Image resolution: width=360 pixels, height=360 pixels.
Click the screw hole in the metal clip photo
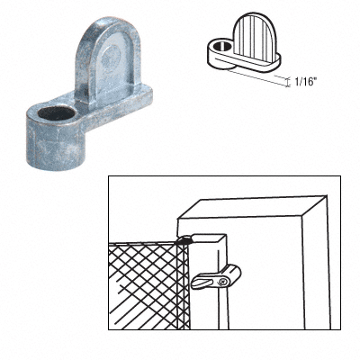point(56,113)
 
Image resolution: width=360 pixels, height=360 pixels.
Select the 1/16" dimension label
point(306,82)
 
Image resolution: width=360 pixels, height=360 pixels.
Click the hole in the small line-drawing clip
point(221,47)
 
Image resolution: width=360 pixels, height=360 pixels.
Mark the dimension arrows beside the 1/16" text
point(288,82)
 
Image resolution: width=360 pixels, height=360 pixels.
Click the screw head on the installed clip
point(222,282)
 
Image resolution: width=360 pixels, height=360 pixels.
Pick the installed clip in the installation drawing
point(216,277)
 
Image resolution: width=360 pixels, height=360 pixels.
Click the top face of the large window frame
point(252,206)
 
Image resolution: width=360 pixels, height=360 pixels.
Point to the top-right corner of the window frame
point(326,196)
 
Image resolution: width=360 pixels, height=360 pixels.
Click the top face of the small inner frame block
point(207,238)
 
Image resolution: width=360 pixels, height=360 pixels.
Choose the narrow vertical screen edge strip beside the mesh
point(184,286)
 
